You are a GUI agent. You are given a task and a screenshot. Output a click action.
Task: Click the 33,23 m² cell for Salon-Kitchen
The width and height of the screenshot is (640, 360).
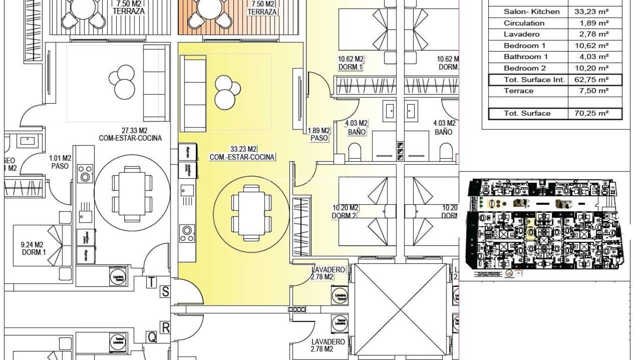pos(591,12)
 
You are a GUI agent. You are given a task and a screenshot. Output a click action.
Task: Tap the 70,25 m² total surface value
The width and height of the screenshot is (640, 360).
pos(591,113)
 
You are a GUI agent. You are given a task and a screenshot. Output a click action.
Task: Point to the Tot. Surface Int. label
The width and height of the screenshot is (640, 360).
pos(527,80)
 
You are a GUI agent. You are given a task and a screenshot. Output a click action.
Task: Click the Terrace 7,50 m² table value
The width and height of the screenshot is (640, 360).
pos(591,91)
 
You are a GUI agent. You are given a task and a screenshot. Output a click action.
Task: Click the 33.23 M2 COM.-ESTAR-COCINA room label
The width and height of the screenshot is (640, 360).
pos(242,153)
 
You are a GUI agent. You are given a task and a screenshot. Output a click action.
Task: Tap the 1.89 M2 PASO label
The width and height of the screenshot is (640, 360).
pos(319,135)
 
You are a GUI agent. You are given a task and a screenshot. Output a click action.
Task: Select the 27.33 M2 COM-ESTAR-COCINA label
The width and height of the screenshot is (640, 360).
pos(130,134)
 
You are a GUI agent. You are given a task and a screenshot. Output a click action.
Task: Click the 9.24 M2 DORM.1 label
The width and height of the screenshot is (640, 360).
pos(32,248)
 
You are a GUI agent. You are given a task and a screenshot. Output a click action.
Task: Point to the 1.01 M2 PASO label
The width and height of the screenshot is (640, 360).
pos(60,162)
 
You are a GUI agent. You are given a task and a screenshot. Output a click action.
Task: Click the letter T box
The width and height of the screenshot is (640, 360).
pos(152,282)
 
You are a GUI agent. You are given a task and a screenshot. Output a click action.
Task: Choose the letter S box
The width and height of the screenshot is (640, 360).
pos(165,292)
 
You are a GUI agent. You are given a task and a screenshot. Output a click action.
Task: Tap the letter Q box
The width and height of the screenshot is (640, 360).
pos(152,337)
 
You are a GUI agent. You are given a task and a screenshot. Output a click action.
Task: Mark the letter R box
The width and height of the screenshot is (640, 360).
pos(165,327)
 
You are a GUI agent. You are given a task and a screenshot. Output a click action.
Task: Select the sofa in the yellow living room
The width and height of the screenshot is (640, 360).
pos(193,93)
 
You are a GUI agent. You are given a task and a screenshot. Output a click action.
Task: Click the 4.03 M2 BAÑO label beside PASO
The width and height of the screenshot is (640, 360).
pos(357,127)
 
